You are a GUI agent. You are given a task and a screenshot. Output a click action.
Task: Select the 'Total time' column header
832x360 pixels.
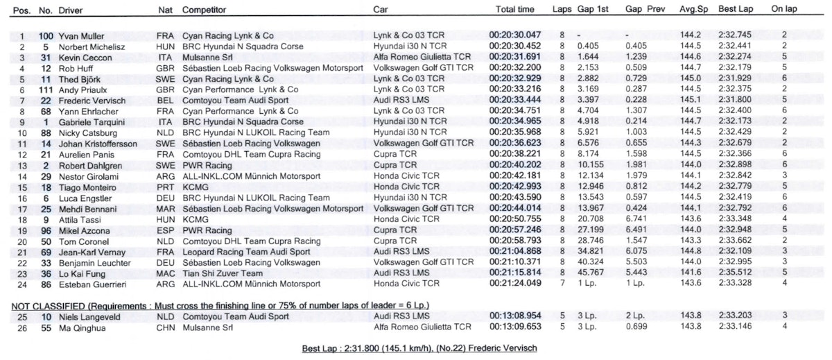[515, 10]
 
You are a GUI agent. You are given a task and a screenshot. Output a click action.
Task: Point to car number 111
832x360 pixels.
[46, 90]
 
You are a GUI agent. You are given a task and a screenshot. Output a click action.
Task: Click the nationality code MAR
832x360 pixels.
[165, 208]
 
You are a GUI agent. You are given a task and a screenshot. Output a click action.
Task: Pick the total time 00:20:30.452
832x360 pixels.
[514, 46]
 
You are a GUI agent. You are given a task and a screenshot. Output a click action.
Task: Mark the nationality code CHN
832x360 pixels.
[165, 327]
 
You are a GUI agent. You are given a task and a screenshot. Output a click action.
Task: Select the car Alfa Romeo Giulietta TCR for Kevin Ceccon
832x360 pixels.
[422, 57]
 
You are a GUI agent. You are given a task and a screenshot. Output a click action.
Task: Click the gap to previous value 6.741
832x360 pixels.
[636, 219]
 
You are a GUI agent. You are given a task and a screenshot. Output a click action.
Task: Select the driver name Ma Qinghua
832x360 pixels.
[80, 327]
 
